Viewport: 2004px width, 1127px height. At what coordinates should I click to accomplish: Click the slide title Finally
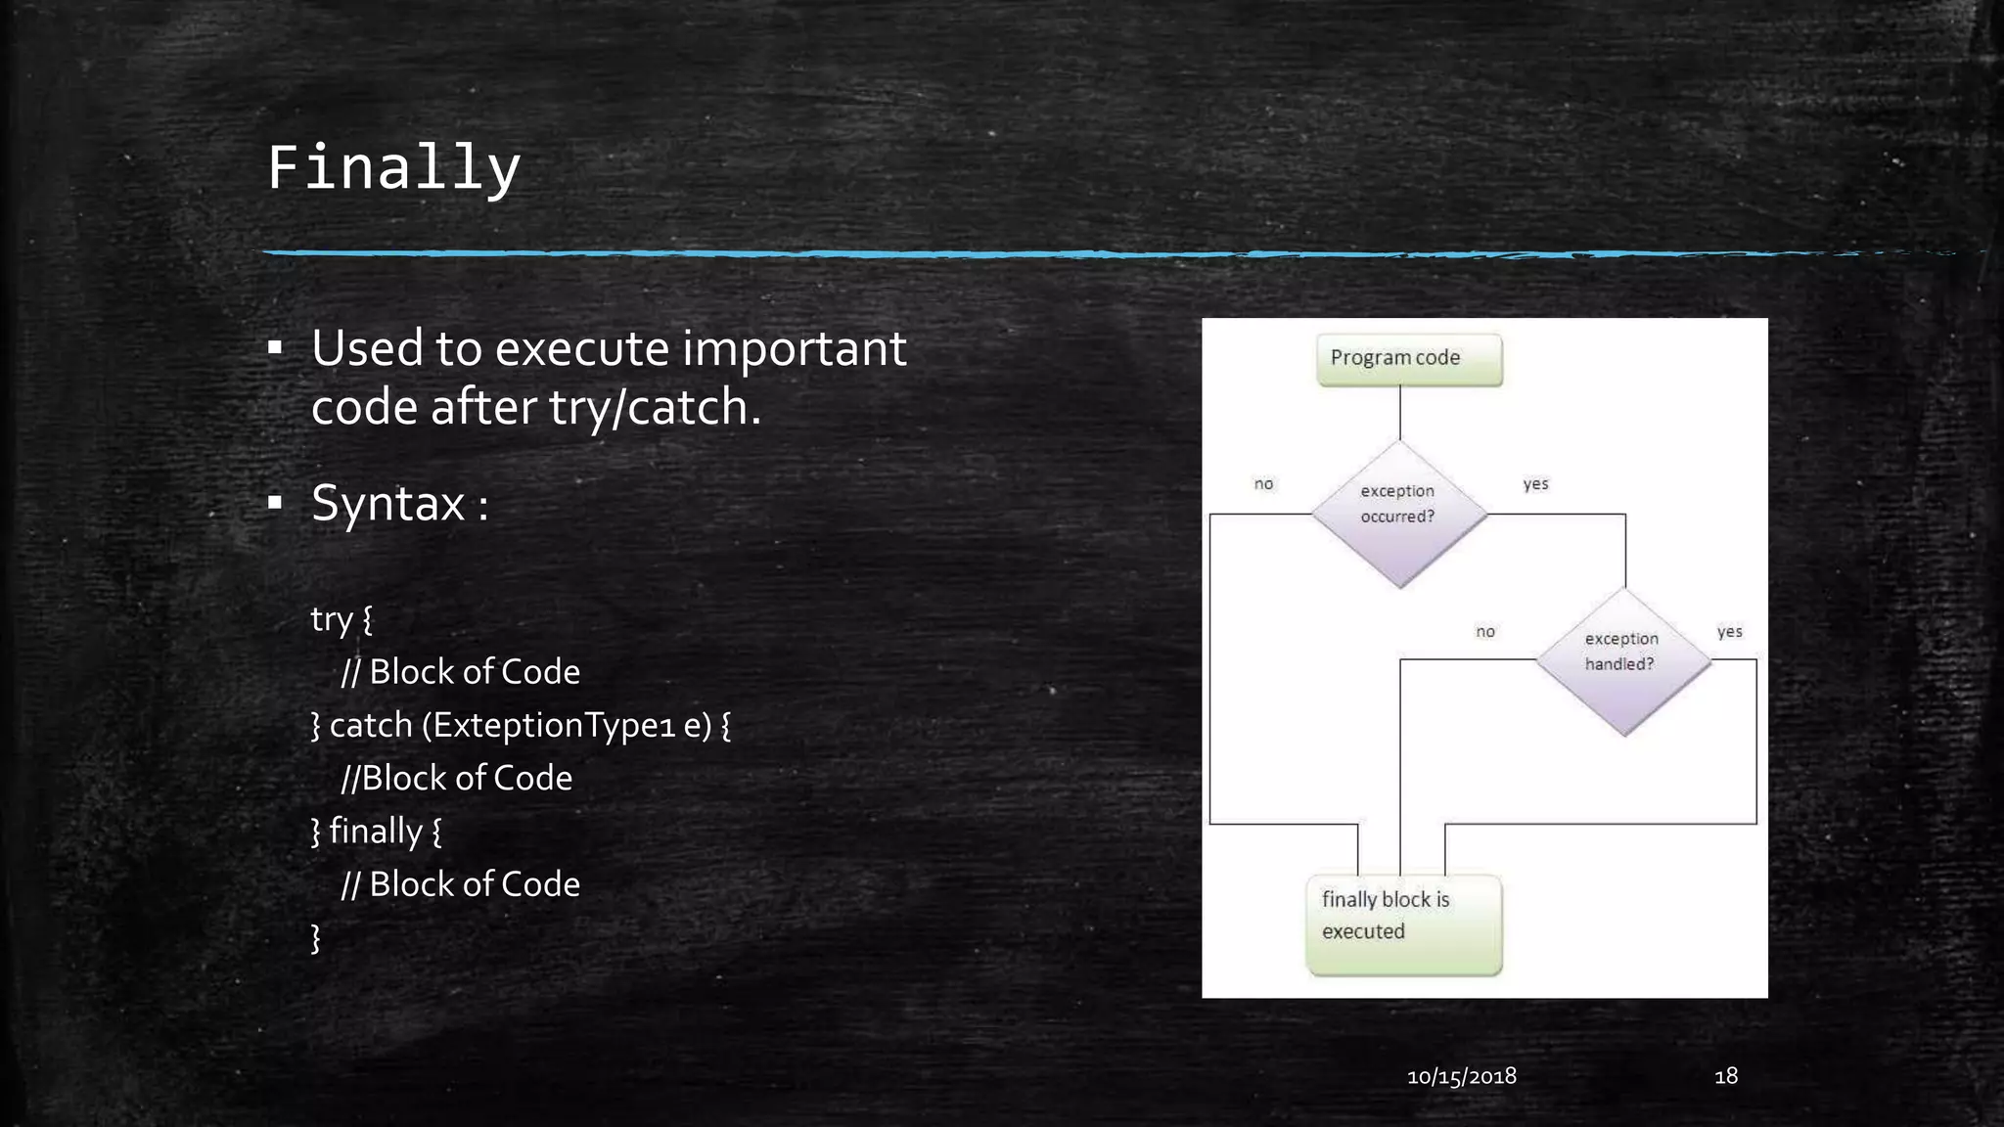coord(393,167)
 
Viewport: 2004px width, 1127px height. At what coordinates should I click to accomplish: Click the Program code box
coord(1408,359)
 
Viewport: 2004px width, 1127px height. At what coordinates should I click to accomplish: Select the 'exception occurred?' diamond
coord(1399,513)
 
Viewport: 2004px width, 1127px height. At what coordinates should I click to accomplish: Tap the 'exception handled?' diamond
coord(1622,660)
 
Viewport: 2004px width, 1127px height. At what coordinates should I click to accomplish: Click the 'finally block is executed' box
coord(1403,924)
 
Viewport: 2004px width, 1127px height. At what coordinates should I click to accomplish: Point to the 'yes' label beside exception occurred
coord(1535,483)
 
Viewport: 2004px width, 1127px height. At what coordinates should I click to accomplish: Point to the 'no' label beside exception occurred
coord(1263,483)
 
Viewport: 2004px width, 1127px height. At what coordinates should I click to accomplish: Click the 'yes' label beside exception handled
coord(1729,631)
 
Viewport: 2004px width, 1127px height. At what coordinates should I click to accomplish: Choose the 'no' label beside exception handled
coord(1484,631)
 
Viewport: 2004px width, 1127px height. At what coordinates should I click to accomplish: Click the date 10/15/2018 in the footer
coord(1461,1076)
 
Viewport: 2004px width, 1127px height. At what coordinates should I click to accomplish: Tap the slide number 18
coord(1726,1076)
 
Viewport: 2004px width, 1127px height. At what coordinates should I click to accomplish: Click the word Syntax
coord(388,504)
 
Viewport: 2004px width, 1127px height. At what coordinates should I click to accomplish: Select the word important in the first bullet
coord(794,348)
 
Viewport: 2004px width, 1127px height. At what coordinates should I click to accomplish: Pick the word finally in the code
coord(375,831)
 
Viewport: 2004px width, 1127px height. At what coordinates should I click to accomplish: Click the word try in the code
coord(331,619)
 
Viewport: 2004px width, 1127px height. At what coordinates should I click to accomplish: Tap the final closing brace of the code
coord(315,937)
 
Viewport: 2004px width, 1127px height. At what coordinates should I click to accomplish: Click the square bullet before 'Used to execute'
coord(275,348)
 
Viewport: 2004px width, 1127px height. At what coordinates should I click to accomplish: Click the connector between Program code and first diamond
coord(1399,413)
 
